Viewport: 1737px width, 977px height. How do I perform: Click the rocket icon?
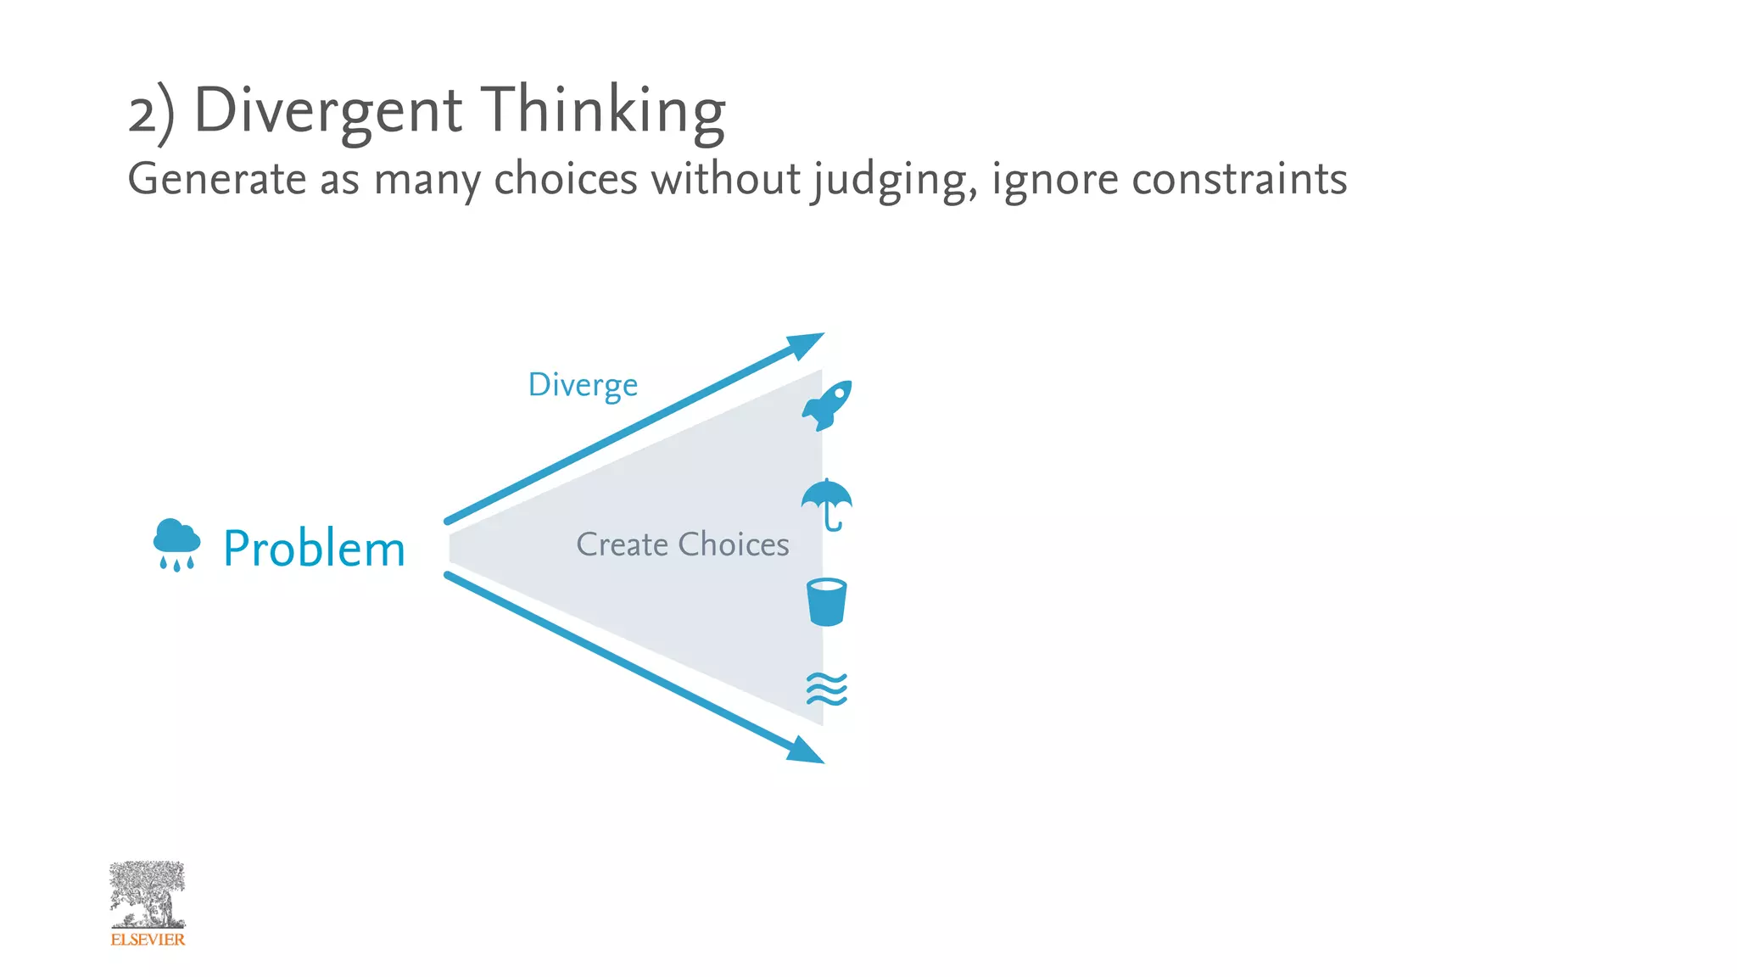[x=827, y=405]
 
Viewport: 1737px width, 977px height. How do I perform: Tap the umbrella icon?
[x=827, y=503]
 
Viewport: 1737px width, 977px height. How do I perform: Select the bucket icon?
[x=827, y=602]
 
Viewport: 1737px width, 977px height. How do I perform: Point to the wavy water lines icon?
[x=827, y=689]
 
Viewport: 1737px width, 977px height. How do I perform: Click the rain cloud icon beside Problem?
[x=176, y=544]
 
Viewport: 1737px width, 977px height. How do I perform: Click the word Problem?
[x=314, y=549]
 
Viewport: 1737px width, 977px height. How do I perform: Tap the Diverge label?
[x=583, y=385]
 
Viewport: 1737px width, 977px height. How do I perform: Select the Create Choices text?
[x=683, y=544]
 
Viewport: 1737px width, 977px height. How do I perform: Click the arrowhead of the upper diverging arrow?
[x=805, y=344]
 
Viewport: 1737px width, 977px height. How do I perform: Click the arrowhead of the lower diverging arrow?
[x=805, y=751]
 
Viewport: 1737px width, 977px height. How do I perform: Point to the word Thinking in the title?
[x=604, y=110]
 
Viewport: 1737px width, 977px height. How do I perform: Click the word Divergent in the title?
[x=328, y=110]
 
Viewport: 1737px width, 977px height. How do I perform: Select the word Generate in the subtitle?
[x=217, y=179]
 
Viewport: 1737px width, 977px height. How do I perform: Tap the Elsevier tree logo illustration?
[x=148, y=895]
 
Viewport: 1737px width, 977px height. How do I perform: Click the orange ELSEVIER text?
[x=148, y=940]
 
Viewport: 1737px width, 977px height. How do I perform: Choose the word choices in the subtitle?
[x=566, y=179]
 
